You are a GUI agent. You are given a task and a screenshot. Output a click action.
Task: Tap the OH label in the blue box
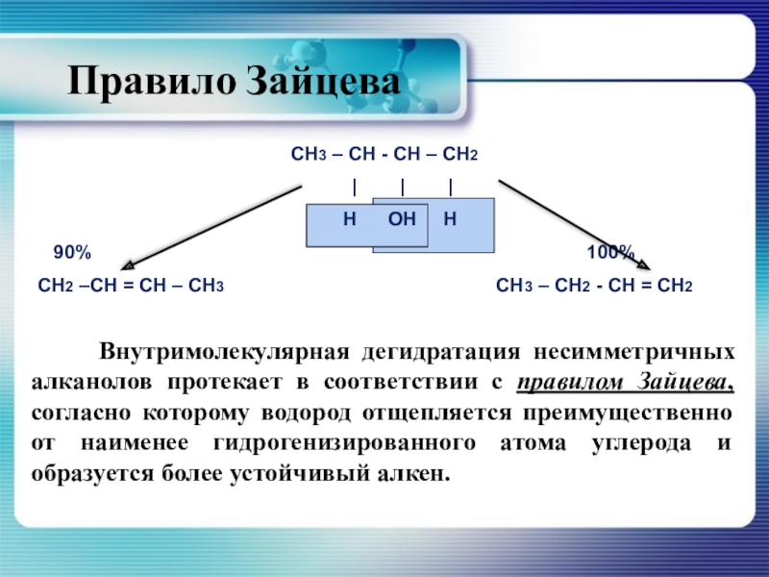[402, 220]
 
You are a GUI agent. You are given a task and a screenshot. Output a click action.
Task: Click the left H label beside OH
[350, 220]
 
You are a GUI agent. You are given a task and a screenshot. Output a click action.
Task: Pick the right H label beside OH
[449, 220]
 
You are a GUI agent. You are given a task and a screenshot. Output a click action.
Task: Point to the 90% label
[72, 252]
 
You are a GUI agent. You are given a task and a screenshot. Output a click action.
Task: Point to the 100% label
[610, 252]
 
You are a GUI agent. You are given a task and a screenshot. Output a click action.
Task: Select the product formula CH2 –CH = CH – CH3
[131, 287]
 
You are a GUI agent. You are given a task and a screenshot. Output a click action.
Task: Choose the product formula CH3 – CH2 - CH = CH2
[594, 287]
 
